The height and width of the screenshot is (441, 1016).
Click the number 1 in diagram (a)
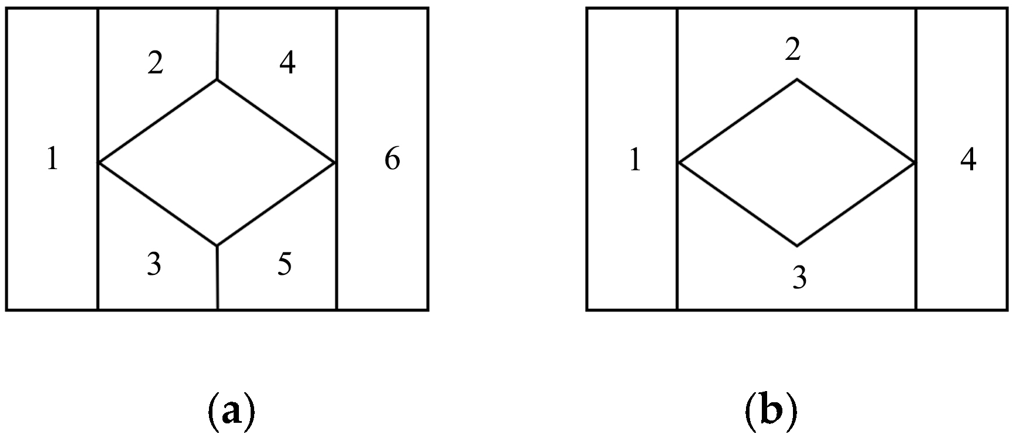(52, 159)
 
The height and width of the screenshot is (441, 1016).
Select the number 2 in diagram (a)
(155, 63)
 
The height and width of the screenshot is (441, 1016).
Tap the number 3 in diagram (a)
(154, 265)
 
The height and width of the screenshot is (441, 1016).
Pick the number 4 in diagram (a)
(287, 63)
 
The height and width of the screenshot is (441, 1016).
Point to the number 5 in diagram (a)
(285, 265)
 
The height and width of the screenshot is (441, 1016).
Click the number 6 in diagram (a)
(392, 159)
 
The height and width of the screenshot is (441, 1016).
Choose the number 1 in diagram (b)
(634, 160)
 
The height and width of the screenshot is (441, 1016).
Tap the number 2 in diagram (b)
(793, 51)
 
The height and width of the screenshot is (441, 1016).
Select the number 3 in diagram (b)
(799, 278)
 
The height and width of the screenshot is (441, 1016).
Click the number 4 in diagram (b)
(968, 160)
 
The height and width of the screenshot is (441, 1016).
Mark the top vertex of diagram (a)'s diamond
(217, 80)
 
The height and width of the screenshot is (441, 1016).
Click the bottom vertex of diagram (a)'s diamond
(217, 245)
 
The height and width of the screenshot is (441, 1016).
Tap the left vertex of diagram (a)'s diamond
(98, 162)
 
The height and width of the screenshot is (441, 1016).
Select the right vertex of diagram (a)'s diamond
(336, 162)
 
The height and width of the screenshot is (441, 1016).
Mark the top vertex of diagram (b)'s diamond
(796, 79)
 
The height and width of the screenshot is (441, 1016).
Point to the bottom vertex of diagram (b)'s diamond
(796, 245)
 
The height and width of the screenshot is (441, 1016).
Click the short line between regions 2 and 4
(217, 44)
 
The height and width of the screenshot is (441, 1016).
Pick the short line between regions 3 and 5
(217, 277)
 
